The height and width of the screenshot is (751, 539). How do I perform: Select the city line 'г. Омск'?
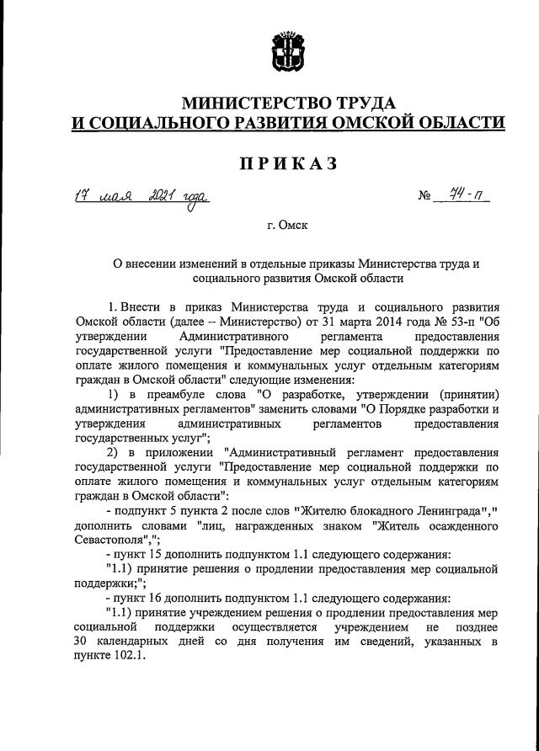(286, 226)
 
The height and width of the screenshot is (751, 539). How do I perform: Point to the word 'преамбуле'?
(178, 394)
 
